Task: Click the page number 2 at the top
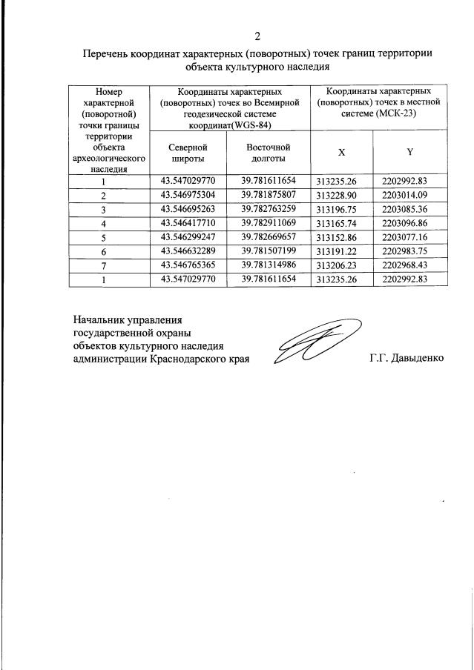257,36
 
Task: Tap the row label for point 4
104,224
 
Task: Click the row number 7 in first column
104,266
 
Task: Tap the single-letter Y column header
409,152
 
